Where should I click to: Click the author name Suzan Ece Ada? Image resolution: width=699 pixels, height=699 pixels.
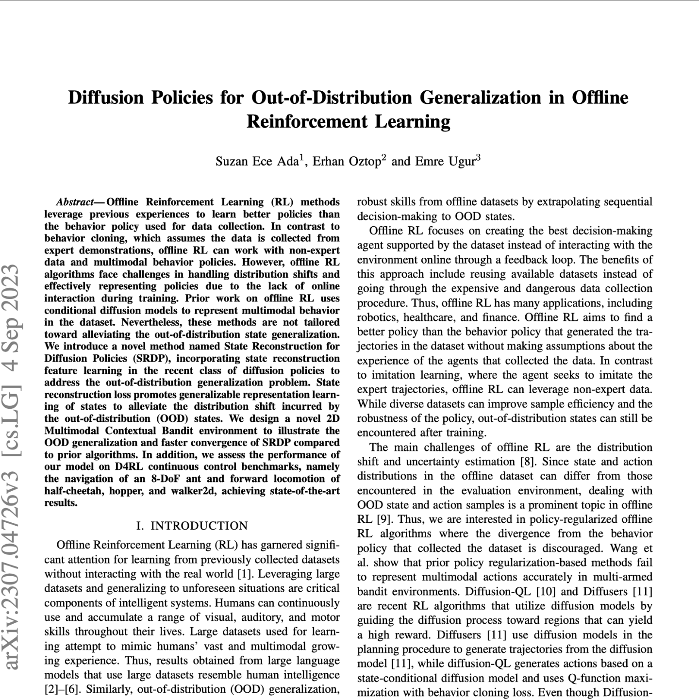[x=257, y=162]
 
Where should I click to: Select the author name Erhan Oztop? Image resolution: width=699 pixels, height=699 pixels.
[x=346, y=162]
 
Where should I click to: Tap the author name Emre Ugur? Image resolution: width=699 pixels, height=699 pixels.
[x=444, y=162]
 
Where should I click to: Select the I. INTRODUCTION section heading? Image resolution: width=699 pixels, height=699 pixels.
[x=192, y=526]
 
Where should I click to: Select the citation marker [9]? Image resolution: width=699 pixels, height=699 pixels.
[x=383, y=519]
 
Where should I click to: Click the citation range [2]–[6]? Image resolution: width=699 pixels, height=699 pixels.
[x=62, y=689]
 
